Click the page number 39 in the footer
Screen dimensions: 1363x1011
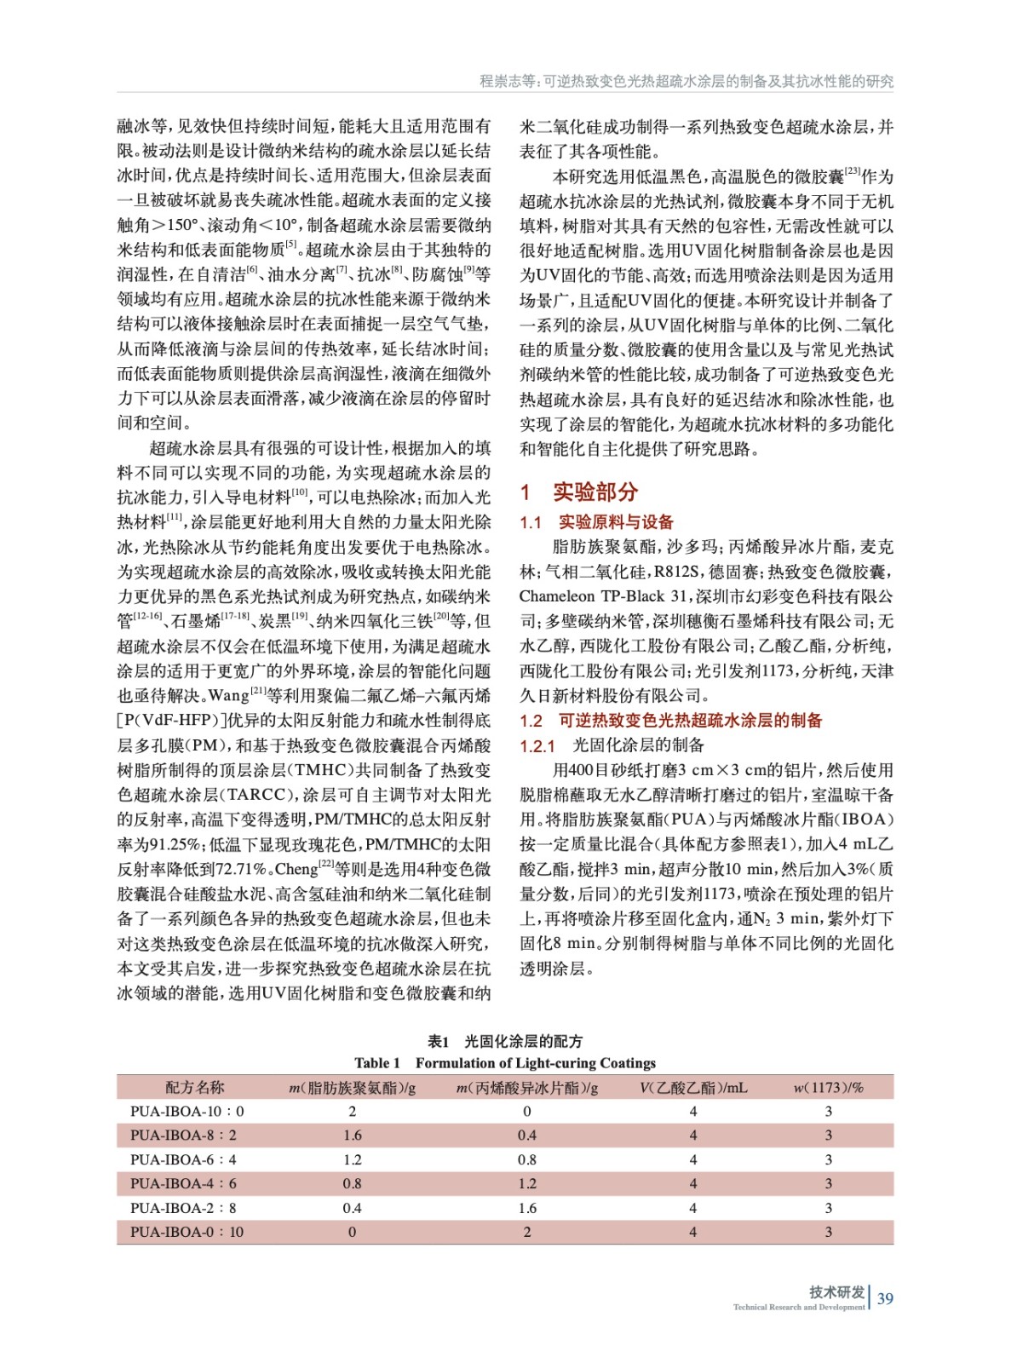pos(885,1298)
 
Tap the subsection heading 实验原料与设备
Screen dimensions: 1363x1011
pos(616,522)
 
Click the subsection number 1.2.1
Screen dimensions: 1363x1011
pos(537,746)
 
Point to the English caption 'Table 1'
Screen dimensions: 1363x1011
pos(377,1062)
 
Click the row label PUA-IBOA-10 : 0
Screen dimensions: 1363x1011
pos(187,1111)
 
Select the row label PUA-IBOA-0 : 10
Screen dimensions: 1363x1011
pos(187,1232)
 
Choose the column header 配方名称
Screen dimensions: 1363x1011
pos(195,1087)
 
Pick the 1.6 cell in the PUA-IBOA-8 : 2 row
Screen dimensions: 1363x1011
pos(353,1136)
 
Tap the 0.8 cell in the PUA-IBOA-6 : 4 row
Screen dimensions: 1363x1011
pos(527,1159)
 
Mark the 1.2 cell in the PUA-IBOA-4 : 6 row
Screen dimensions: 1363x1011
pos(527,1183)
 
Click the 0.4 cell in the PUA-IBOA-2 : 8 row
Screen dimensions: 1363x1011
pos(353,1208)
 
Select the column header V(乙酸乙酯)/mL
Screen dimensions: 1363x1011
pos(693,1087)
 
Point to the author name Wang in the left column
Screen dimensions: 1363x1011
pos(229,695)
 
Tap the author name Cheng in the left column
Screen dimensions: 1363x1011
pos(296,869)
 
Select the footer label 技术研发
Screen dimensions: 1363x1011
pos(836,1291)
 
